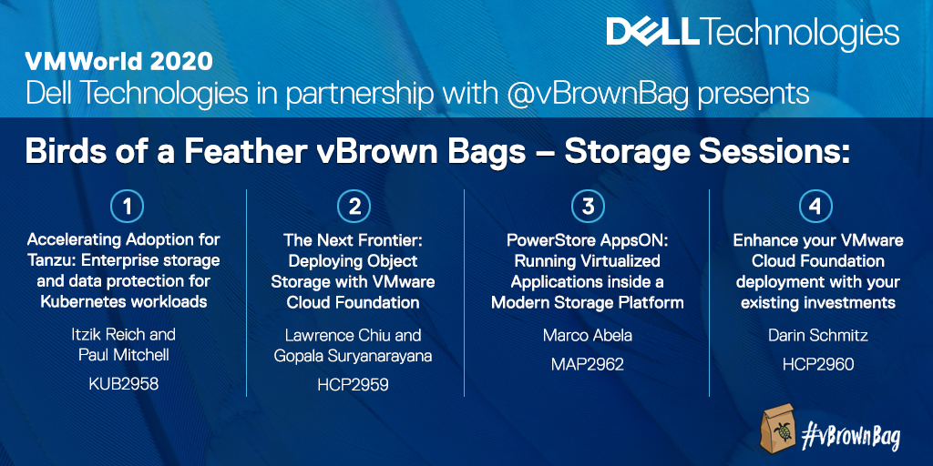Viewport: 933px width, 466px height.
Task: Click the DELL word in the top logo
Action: click(x=652, y=33)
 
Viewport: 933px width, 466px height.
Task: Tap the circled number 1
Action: click(x=127, y=207)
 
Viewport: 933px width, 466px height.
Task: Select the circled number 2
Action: click(x=354, y=207)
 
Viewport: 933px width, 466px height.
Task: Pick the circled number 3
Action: click(x=588, y=207)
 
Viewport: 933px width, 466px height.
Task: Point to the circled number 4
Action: click(x=815, y=207)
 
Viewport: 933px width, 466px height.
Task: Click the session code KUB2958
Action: click(x=124, y=383)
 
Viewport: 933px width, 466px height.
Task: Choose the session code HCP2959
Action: click(x=353, y=385)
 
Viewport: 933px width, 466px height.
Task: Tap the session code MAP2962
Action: click(x=588, y=364)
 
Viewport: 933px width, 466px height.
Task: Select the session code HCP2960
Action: click(x=817, y=364)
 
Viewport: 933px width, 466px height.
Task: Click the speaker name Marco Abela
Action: click(x=588, y=335)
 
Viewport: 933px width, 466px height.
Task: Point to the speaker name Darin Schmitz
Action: click(x=817, y=335)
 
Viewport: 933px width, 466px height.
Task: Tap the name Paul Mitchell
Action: click(x=124, y=356)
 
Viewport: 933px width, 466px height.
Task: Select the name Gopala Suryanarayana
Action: click(x=353, y=357)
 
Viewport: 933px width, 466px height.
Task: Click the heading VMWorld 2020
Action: click(x=118, y=62)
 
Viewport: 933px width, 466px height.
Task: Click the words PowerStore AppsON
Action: click(x=588, y=240)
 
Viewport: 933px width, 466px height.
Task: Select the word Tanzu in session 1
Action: click(x=51, y=261)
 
